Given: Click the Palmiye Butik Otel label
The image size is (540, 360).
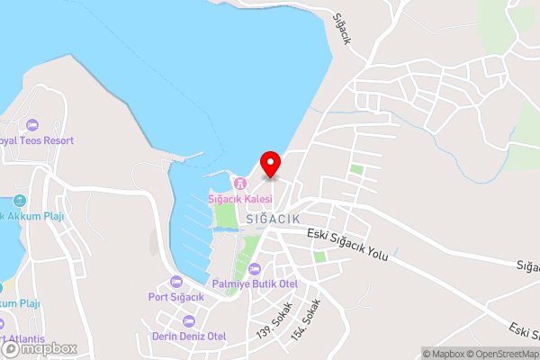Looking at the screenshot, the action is (255, 283).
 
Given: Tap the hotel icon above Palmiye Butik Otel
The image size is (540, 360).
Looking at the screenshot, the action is (255, 269).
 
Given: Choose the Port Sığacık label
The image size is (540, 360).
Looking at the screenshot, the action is (177, 297).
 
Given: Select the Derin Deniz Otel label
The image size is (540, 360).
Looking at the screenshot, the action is (189, 336).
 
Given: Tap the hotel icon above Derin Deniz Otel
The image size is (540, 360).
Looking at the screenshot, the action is (189, 321).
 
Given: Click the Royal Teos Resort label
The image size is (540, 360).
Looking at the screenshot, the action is (36, 141).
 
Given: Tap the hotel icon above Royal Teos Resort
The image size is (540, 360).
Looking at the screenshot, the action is (33, 124).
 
